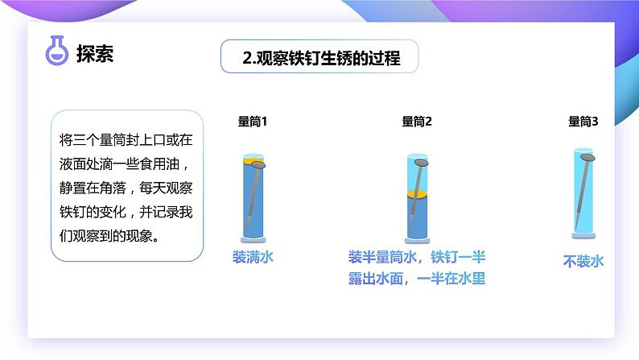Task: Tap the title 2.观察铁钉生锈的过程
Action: [321, 58]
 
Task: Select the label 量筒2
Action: [417, 122]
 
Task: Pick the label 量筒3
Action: [583, 122]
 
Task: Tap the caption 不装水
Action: [583, 261]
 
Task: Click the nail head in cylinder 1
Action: [258, 165]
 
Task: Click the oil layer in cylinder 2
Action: [416, 195]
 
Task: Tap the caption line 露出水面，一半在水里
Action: [417, 279]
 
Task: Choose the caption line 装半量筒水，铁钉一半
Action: [417, 258]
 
